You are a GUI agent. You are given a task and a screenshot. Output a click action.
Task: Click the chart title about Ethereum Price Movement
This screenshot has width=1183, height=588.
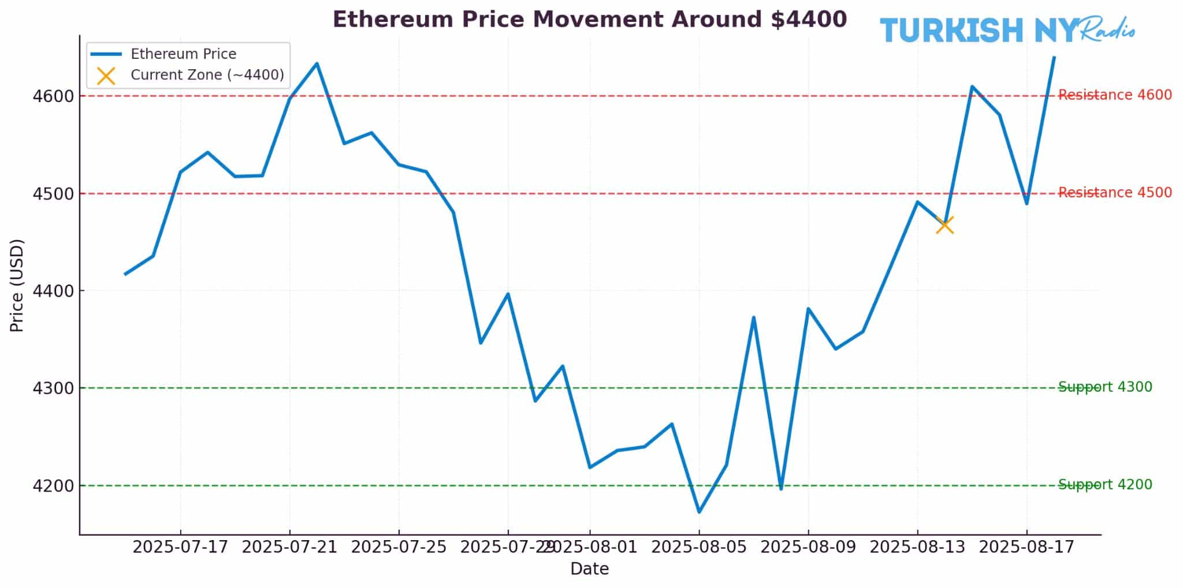point(589,20)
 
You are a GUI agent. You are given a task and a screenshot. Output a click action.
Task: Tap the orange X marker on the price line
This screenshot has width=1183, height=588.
point(944,224)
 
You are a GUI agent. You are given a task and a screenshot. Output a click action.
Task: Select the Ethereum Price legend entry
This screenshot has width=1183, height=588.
point(183,54)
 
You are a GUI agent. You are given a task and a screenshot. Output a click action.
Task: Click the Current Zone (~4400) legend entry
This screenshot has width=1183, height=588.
point(207,75)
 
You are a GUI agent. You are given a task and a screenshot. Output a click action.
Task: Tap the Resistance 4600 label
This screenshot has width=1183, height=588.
point(1115,95)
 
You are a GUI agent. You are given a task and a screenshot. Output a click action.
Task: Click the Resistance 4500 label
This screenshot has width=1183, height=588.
point(1115,193)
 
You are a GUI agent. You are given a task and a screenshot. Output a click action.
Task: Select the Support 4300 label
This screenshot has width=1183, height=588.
point(1104,387)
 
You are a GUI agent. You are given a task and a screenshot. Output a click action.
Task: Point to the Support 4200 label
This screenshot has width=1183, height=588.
point(1104,485)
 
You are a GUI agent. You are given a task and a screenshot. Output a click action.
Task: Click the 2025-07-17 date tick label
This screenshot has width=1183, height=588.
point(180,547)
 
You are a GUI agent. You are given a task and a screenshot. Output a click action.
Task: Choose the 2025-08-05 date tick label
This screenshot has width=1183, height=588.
point(699,547)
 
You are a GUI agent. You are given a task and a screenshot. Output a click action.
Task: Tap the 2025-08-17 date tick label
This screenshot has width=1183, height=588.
point(1026,547)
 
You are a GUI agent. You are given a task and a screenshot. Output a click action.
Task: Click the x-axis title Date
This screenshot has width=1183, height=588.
point(589,570)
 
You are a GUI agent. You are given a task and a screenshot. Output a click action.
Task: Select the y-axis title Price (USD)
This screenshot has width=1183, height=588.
point(17,286)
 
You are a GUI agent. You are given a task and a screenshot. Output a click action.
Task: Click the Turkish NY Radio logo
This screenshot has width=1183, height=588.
point(1006,30)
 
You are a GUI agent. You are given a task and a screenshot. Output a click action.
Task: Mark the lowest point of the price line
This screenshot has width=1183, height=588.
point(699,512)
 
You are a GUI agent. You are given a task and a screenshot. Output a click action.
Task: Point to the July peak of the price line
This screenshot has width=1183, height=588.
point(317,63)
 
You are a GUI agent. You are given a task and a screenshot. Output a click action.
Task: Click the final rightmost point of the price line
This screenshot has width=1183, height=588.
point(1054,57)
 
